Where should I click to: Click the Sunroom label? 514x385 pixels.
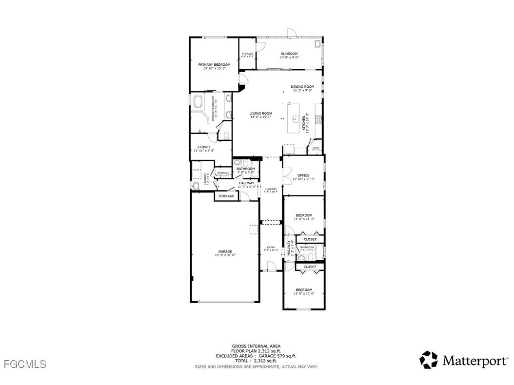(289, 54)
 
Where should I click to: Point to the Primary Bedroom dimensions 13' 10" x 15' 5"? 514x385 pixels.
(214, 69)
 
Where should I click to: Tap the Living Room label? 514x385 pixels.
(261, 113)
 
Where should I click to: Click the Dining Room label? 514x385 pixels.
(303, 87)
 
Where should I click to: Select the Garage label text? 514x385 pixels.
(225, 251)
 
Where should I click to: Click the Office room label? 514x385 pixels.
(303, 175)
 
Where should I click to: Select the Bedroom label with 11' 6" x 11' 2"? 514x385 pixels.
(304, 215)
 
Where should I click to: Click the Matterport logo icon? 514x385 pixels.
(429, 360)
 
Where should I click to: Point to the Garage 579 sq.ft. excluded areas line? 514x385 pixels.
(256, 356)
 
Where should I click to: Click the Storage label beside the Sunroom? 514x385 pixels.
(247, 54)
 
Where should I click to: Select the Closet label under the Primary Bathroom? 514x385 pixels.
(204, 147)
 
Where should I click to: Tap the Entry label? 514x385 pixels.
(271, 247)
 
